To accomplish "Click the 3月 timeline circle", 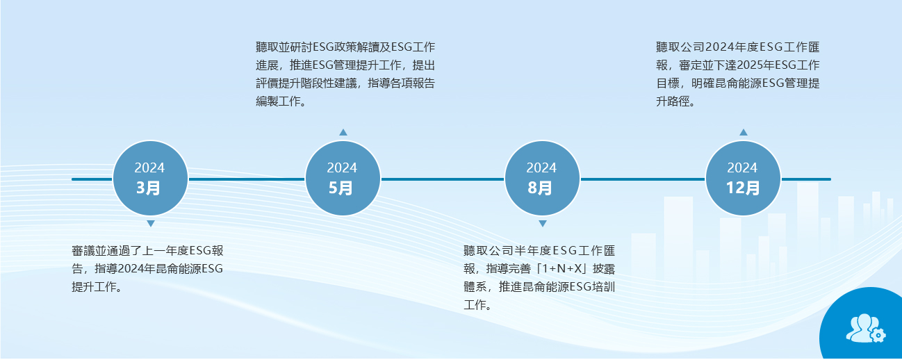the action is tap(150, 178).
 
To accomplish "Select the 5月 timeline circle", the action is tap(343, 178).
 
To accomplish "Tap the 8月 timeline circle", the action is tap(542, 178).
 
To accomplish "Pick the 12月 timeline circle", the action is tap(743, 178).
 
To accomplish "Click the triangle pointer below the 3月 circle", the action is tap(151, 224).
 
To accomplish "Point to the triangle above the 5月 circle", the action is tap(343, 132).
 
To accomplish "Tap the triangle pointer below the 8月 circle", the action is tap(543, 224).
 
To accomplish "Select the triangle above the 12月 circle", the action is tap(744, 132).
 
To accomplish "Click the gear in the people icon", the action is tap(878, 336).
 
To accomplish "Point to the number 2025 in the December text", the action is tap(741, 65).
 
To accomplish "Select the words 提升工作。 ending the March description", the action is tap(97, 287).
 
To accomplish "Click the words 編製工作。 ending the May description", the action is tap(281, 101).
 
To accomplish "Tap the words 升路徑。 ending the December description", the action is tap(675, 101).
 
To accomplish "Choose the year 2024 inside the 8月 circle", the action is tap(541, 167).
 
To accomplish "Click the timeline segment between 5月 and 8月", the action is tap(443, 179).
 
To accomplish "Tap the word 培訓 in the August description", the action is tap(603, 287).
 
